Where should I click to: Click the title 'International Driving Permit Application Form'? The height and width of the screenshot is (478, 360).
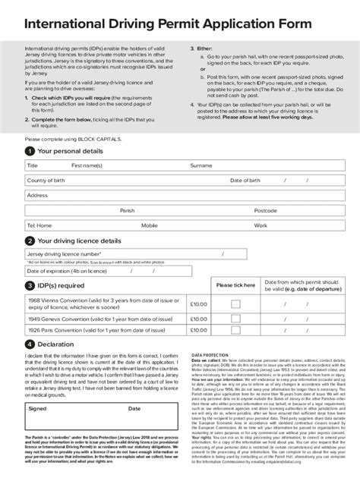click(167, 25)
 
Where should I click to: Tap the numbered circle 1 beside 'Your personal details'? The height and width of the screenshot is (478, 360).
click(29, 151)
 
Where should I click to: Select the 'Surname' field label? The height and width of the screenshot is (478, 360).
click(201, 165)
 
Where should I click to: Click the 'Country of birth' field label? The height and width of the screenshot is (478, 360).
click(48, 180)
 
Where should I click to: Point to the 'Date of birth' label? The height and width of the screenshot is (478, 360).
click(245, 180)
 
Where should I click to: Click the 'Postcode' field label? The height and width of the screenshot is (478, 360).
click(265, 210)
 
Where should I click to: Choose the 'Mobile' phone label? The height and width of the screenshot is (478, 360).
click(149, 225)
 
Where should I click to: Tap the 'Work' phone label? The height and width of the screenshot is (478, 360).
click(261, 225)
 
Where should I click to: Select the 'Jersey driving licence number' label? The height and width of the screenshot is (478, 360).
click(64, 253)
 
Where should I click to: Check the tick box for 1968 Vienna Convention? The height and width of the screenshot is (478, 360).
click(235, 303)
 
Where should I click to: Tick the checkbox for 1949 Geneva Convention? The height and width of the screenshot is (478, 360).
click(235, 319)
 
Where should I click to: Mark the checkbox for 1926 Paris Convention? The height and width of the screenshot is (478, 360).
click(235, 330)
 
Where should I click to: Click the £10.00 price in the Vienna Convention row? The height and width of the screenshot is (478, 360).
click(198, 303)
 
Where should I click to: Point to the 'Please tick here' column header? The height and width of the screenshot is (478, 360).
click(235, 285)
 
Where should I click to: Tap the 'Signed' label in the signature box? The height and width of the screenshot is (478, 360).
click(37, 408)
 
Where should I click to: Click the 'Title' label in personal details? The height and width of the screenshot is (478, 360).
click(33, 165)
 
